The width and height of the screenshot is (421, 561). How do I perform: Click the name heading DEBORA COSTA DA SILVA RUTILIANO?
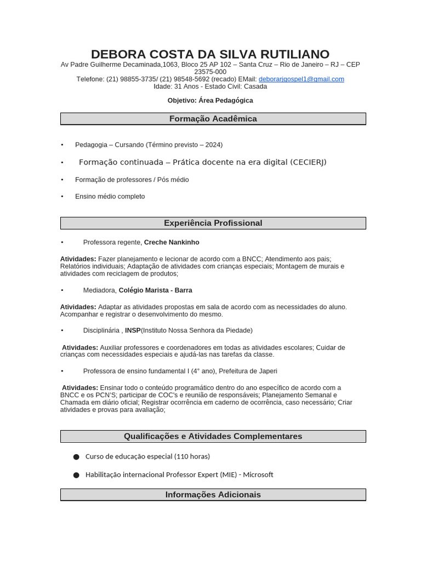[x=210, y=54]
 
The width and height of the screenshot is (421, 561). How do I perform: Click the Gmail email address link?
[x=301, y=79]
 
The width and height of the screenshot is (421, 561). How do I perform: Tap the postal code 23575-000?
[x=210, y=72]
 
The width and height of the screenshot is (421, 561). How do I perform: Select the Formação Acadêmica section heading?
[x=213, y=119]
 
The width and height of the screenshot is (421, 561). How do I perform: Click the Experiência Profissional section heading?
[x=213, y=223]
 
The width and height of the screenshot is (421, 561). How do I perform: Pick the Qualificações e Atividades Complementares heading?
[x=213, y=436]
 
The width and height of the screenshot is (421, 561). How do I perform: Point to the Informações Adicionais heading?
[x=213, y=495]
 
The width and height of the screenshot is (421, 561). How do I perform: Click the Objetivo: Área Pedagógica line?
[x=210, y=100]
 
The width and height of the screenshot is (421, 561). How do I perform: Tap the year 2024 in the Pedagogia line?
[x=213, y=145]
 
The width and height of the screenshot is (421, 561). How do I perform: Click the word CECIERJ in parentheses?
[x=307, y=162]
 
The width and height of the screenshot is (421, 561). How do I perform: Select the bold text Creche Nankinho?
[x=172, y=242]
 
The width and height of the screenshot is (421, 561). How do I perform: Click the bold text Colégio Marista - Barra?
[x=155, y=290]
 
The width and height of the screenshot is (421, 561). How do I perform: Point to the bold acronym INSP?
[x=133, y=330]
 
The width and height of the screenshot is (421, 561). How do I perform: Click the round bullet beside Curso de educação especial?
[x=76, y=456]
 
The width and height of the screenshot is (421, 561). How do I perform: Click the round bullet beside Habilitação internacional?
[x=76, y=475]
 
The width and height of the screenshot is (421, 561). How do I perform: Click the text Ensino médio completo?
[x=110, y=196]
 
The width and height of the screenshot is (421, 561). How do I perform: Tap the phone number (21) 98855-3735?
[x=131, y=79]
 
